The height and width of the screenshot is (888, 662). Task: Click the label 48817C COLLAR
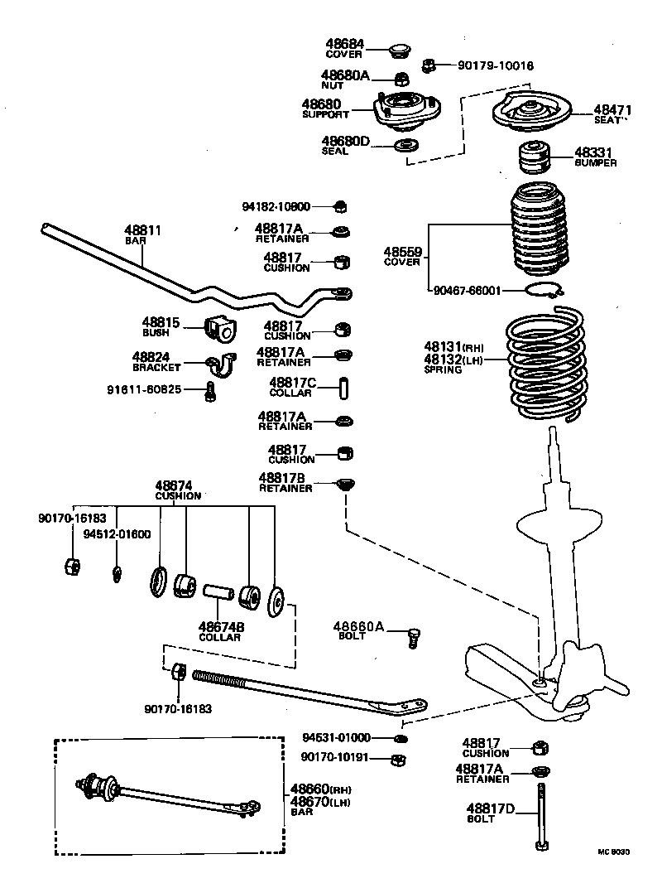pyautogui.click(x=290, y=387)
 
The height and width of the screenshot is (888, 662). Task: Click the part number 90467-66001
pyautogui.click(x=467, y=291)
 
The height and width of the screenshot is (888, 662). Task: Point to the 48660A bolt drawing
pyautogui.click(x=414, y=637)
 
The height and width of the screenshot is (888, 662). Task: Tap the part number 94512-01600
pyautogui.click(x=117, y=534)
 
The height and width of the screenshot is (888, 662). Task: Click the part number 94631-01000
pyautogui.click(x=336, y=737)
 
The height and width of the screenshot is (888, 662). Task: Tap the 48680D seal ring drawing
pyautogui.click(x=405, y=146)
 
